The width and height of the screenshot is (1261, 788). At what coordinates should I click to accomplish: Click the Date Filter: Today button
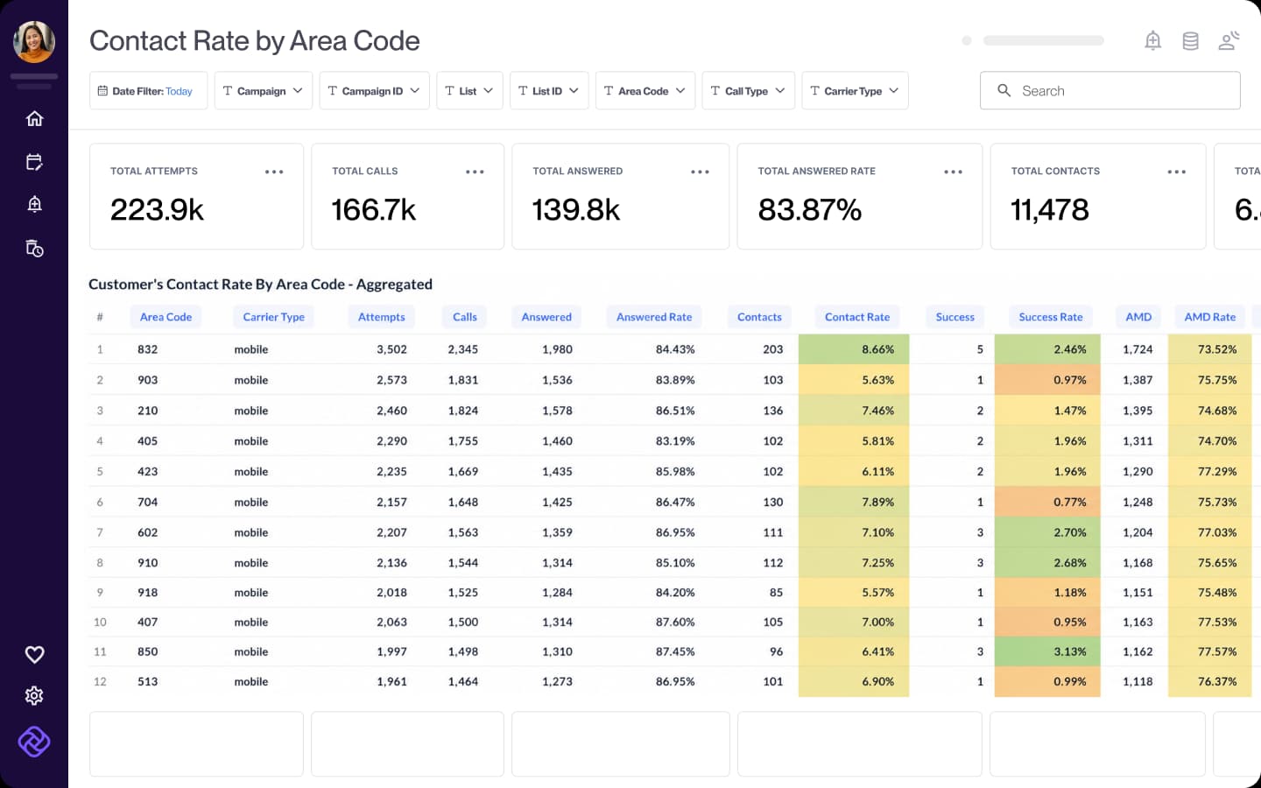148,91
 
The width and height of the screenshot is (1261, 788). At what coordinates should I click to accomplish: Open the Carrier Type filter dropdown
855,91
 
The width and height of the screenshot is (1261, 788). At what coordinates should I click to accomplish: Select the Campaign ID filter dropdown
374,91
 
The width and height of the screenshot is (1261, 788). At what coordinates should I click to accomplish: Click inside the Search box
1110,91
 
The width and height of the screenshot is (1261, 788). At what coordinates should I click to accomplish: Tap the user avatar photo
34,42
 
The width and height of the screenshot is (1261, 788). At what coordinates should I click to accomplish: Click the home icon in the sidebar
34,119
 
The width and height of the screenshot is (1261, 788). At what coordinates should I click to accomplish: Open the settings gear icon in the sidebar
34,696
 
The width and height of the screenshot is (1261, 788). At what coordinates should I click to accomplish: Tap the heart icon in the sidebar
34,654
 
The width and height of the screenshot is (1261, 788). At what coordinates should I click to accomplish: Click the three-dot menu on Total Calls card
475,172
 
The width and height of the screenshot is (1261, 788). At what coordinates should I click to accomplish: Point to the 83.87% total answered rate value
809,210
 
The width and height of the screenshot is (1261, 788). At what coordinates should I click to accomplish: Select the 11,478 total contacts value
1049,210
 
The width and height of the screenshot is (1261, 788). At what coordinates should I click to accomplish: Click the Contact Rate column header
856,317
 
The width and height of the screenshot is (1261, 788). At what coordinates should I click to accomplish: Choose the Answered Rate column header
653,317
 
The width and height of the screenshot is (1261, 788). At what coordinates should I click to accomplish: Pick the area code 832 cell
147,349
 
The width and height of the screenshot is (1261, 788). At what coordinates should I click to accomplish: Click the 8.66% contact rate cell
854,349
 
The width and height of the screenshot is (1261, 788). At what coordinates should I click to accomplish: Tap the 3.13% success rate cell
1047,651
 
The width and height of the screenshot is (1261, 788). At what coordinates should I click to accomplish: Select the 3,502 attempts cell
391,349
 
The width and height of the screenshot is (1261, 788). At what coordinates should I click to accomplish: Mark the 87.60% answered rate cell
675,622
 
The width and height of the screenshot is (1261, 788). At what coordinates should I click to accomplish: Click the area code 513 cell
147,681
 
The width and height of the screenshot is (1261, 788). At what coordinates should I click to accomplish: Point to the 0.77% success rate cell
1047,502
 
